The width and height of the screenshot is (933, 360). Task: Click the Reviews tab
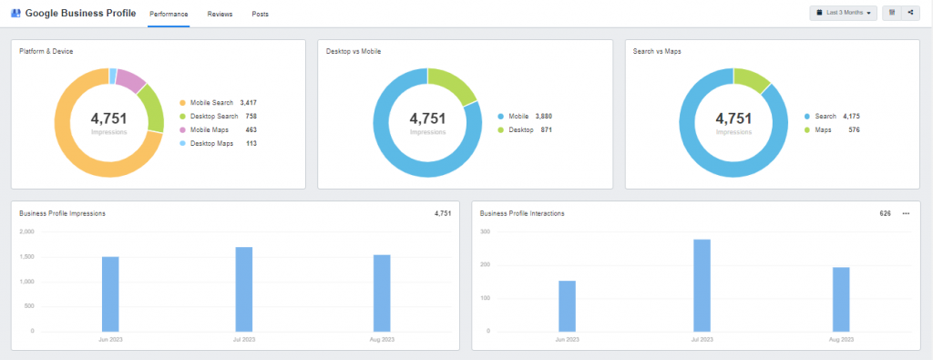pos(219,15)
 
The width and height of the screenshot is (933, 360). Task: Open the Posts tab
pos(261,15)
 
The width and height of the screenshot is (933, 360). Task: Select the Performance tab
pos(169,15)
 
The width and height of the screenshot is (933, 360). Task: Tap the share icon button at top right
pos(910,13)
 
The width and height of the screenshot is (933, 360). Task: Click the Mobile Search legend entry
pos(211,103)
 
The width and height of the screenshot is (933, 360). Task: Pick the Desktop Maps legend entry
pos(210,144)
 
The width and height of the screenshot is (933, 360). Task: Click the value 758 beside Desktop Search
pos(251,117)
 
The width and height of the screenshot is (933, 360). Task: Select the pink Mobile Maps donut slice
pos(131,80)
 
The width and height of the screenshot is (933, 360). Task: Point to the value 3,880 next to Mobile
pos(543,117)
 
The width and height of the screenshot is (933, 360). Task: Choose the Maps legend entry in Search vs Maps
pos(824,130)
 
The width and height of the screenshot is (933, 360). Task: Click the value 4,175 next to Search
pos(850,117)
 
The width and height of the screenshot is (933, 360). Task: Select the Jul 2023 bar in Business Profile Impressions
pos(244,289)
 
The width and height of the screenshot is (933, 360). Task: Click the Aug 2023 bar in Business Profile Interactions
pos(840,299)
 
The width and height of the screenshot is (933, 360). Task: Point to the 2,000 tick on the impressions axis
pos(26,231)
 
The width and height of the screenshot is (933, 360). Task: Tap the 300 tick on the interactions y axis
pos(485,231)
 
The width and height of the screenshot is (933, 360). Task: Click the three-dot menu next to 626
pos(906,213)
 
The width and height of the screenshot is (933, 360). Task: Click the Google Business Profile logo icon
pos(15,14)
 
